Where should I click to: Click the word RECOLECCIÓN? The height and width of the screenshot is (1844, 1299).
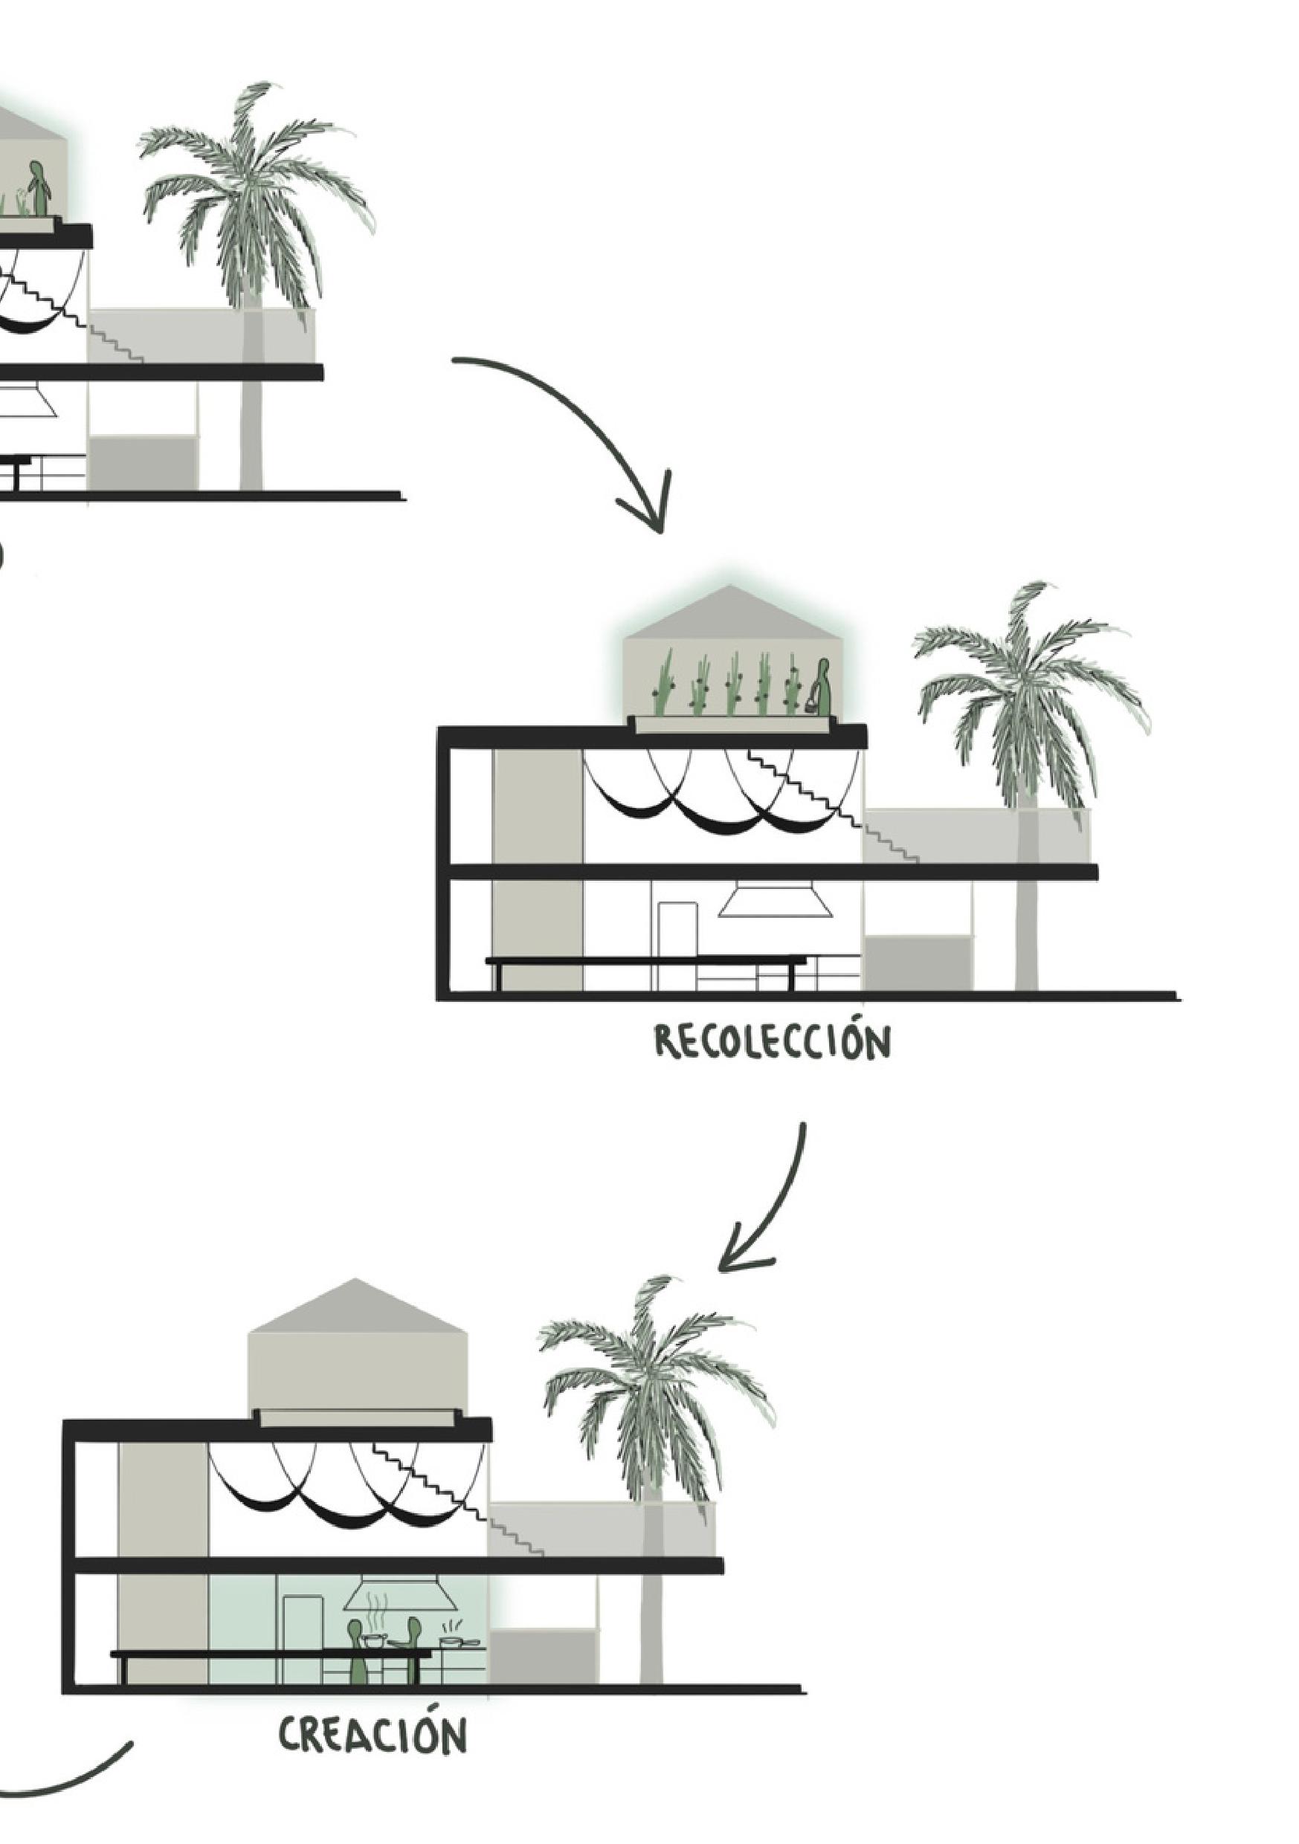click(x=772, y=1043)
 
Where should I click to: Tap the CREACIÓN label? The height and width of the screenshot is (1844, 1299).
click(x=373, y=1735)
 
